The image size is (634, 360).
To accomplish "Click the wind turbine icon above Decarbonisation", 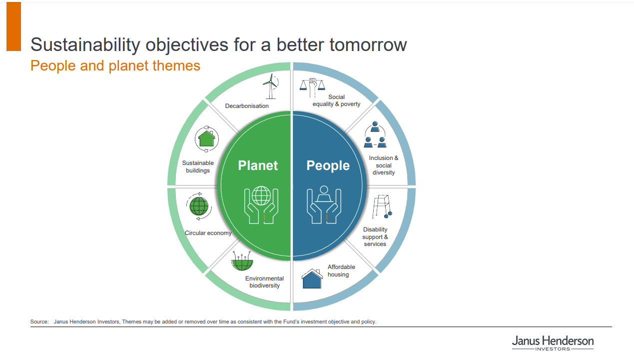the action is click(x=271, y=86).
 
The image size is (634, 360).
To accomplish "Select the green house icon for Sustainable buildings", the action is click(x=207, y=139).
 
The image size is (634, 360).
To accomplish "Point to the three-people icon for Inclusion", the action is click(x=375, y=134).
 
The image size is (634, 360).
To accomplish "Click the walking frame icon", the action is click(x=382, y=206).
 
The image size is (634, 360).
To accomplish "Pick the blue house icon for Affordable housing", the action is click(x=312, y=278).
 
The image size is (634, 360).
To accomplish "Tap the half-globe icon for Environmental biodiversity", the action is click(x=242, y=260).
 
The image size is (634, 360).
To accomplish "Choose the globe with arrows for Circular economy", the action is click(x=199, y=206).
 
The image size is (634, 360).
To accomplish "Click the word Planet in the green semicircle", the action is click(x=258, y=165).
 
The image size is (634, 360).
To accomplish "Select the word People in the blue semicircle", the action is click(x=328, y=165).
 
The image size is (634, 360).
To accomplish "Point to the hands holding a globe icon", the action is click(x=261, y=205).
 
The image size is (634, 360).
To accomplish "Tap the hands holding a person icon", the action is click(x=324, y=204).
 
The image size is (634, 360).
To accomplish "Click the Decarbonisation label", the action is click(x=247, y=106).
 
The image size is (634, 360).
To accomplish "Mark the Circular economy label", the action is click(x=208, y=233).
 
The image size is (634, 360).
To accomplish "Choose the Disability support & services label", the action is click(x=375, y=236).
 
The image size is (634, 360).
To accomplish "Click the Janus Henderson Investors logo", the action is click(x=553, y=343).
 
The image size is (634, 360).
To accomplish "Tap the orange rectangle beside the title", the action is click(x=14, y=26).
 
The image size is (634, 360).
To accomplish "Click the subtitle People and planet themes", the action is click(x=115, y=65).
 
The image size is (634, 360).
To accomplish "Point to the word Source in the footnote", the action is click(x=39, y=322).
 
